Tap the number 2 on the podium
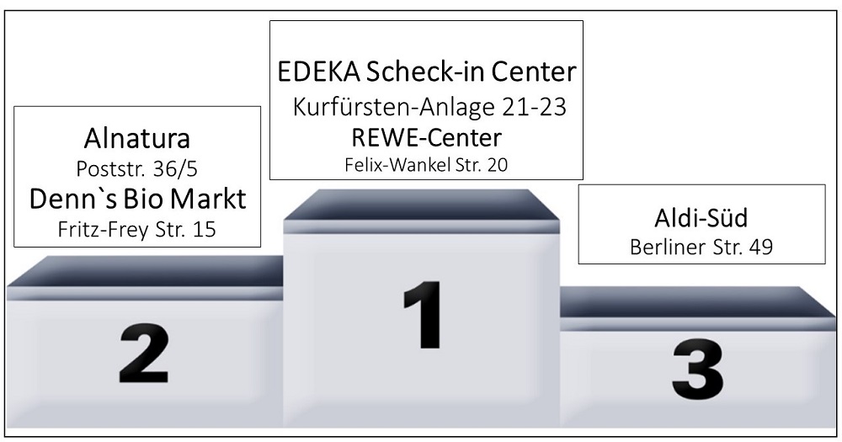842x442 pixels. point(144,354)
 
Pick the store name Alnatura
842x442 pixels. point(136,138)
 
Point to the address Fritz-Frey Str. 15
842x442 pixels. point(136,229)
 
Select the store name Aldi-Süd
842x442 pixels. point(701,218)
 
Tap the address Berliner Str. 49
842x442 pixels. point(701,248)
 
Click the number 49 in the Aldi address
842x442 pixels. point(759,248)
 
